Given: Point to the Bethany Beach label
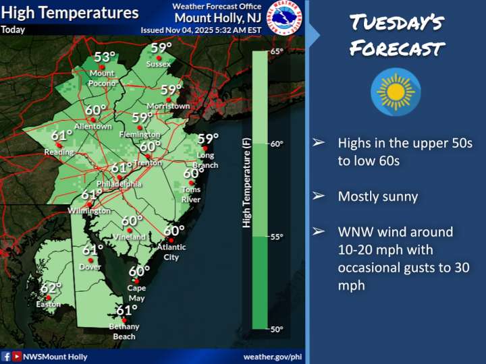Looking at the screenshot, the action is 124,331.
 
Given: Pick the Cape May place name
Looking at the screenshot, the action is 136,293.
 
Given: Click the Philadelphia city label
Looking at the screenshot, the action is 119,183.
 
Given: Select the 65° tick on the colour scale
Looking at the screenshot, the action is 277,51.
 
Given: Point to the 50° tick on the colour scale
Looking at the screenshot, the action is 277,329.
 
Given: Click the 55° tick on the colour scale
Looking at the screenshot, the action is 277,237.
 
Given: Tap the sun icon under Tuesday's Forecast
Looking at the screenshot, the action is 396,90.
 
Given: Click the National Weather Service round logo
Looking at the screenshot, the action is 286,18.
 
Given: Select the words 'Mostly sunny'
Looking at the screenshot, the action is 377,197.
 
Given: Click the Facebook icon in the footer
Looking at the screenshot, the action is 6,356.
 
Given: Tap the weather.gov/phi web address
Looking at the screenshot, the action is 272,356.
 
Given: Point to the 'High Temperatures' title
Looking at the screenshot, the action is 70,13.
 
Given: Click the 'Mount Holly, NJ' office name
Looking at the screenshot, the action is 212,19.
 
